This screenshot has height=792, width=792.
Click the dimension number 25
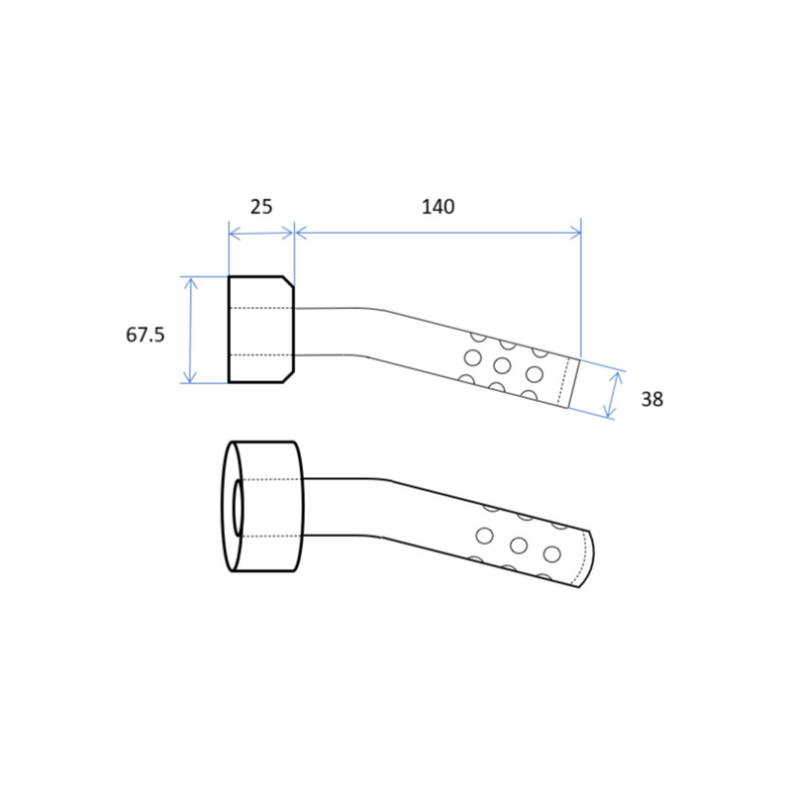tap(261, 207)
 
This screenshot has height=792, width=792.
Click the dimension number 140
tap(438, 207)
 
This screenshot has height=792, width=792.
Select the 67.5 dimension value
tap(145, 335)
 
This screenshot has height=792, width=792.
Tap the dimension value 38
tap(651, 399)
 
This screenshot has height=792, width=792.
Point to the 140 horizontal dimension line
tap(438, 233)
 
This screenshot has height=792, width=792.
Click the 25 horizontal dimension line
tap(261, 234)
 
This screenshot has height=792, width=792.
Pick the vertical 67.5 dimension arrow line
tap(190, 331)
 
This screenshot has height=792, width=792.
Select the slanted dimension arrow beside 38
tap(613, 395)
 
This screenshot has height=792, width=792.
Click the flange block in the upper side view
tap(261, 330)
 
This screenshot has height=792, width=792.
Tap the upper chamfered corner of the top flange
tap(288, 282)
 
